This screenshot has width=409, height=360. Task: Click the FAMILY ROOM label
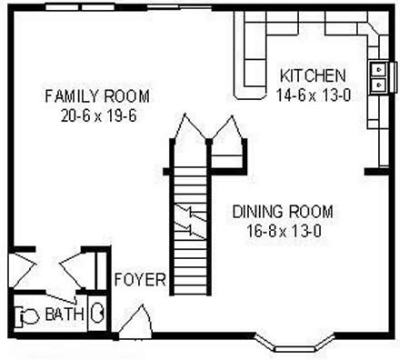[x=97, y=96]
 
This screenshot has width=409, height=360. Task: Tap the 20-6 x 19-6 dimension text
[x=98, y=115]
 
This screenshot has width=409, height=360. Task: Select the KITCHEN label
[x=313, y=75]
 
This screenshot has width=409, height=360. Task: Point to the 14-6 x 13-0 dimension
[x=314, y=95]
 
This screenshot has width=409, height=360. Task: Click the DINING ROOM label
[x=283, y=212]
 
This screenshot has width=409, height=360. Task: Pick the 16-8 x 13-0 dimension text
[x=284, y=232]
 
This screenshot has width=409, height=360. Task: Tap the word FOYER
[x=140, y=279]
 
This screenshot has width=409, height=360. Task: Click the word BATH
[x=65, y=314]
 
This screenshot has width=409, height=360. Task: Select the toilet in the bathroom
[x=27, y=316]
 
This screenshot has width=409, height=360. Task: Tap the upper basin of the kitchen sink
[x=378, y=69]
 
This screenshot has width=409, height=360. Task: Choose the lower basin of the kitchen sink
[x=378, y=85]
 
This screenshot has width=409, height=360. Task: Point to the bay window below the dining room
[x=294, y=343]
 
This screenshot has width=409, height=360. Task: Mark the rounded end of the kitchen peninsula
[x=250, y=94]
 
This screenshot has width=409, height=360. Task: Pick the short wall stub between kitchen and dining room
[x=376, y=172]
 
